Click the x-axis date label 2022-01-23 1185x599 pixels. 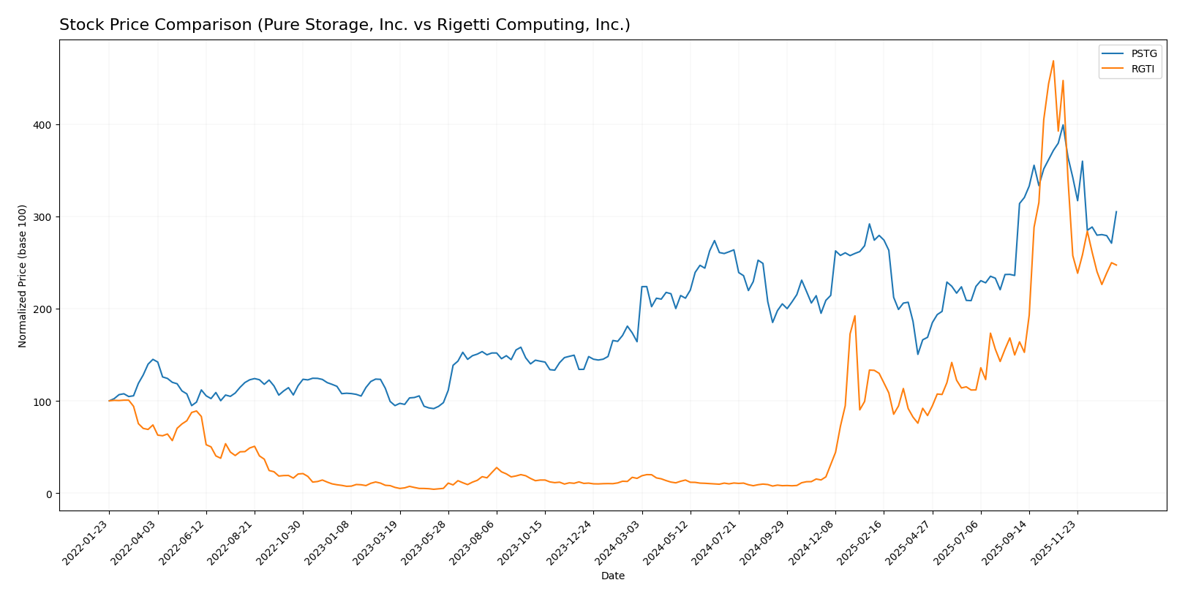[86, 542]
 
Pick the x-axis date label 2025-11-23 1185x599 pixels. [1054, 542]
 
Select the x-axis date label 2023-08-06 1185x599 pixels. [473, 542]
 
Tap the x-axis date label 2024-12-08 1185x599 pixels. [812, 542]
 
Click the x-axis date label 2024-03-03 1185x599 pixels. [619, 542]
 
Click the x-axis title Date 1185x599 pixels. [612, 576]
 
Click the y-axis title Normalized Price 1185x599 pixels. [23, 276]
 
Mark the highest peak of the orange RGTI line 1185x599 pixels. [1053, 61]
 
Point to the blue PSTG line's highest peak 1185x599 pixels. [1063, 125]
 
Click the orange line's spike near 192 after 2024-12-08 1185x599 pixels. [854, 316]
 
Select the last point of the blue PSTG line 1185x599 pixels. [1116, 212]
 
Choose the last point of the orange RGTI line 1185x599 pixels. [1116, 265]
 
